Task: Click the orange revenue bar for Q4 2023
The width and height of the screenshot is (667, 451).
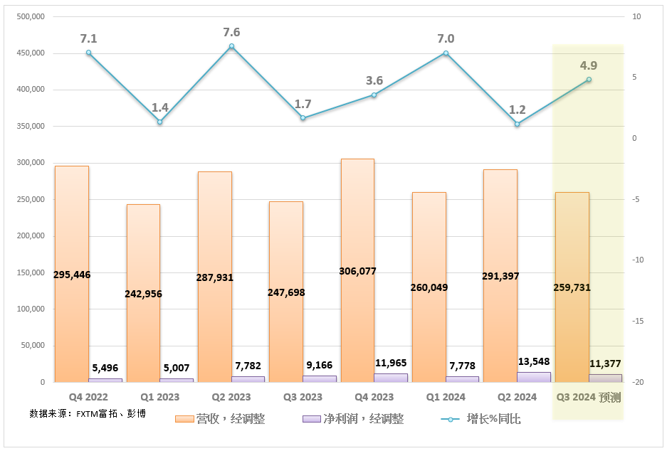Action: (357, 213)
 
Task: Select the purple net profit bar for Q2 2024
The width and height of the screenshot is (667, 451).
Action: (534, 377)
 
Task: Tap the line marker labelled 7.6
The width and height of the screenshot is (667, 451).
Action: (232, 46)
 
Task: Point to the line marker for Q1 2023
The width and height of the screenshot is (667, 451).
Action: (160, 122)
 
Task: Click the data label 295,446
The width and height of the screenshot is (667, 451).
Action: (72, 275)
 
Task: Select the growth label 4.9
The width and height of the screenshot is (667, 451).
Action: (589, 65)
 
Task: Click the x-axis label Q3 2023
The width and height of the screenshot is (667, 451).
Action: (302, 397)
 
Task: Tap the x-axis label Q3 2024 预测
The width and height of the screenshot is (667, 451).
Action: (589, 397)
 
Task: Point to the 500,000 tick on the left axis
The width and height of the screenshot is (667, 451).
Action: (29, 16)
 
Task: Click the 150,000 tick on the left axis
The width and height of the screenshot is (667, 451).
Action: (29, 272)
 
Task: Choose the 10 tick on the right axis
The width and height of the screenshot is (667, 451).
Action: (636, 16)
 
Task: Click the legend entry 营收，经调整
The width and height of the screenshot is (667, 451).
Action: (220, 419)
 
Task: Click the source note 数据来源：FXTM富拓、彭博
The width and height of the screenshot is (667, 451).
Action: (88, 413)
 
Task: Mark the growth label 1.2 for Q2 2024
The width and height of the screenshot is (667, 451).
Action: (518, 110)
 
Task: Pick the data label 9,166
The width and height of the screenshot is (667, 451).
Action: (320, 365)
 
